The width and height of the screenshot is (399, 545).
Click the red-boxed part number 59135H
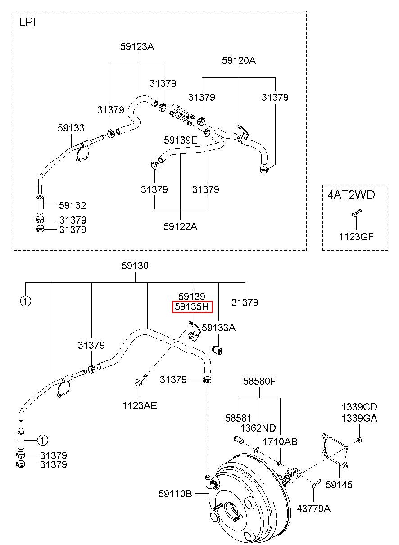click(192, 306)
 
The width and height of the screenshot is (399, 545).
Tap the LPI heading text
click(27, 23)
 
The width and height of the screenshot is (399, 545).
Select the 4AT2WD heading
click(351, 195)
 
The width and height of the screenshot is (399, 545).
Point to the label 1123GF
click(356, 237)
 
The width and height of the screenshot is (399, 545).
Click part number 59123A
click(137, 46)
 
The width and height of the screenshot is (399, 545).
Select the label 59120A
click(239, 61)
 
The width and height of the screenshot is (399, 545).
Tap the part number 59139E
click(181, 140)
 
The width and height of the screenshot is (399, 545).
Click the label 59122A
click(180, 226)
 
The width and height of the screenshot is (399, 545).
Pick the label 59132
click(73, 206)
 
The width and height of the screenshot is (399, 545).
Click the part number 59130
click(135, 266)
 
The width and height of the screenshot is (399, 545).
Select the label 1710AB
click(280, 441)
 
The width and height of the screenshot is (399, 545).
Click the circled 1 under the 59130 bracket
click(26, 301)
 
